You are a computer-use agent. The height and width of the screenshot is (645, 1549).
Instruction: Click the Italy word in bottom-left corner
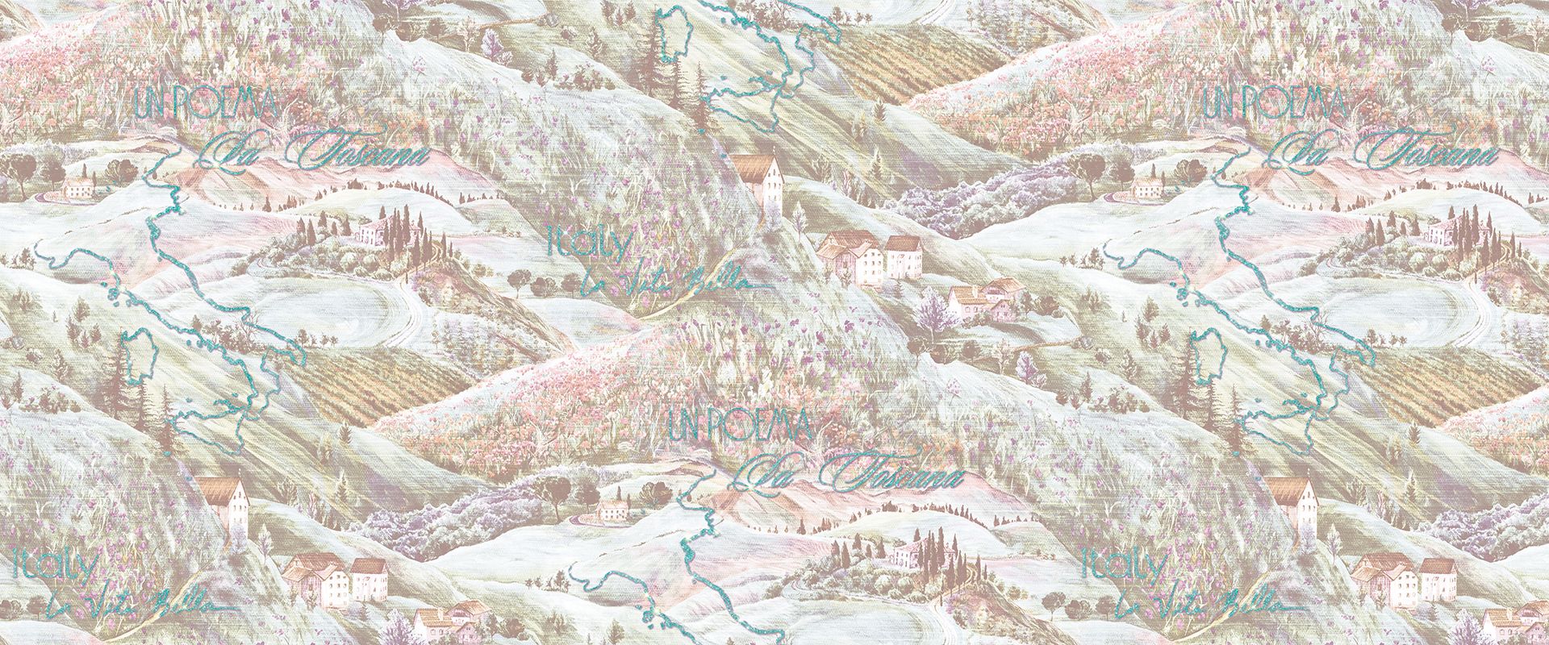[56, 565]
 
